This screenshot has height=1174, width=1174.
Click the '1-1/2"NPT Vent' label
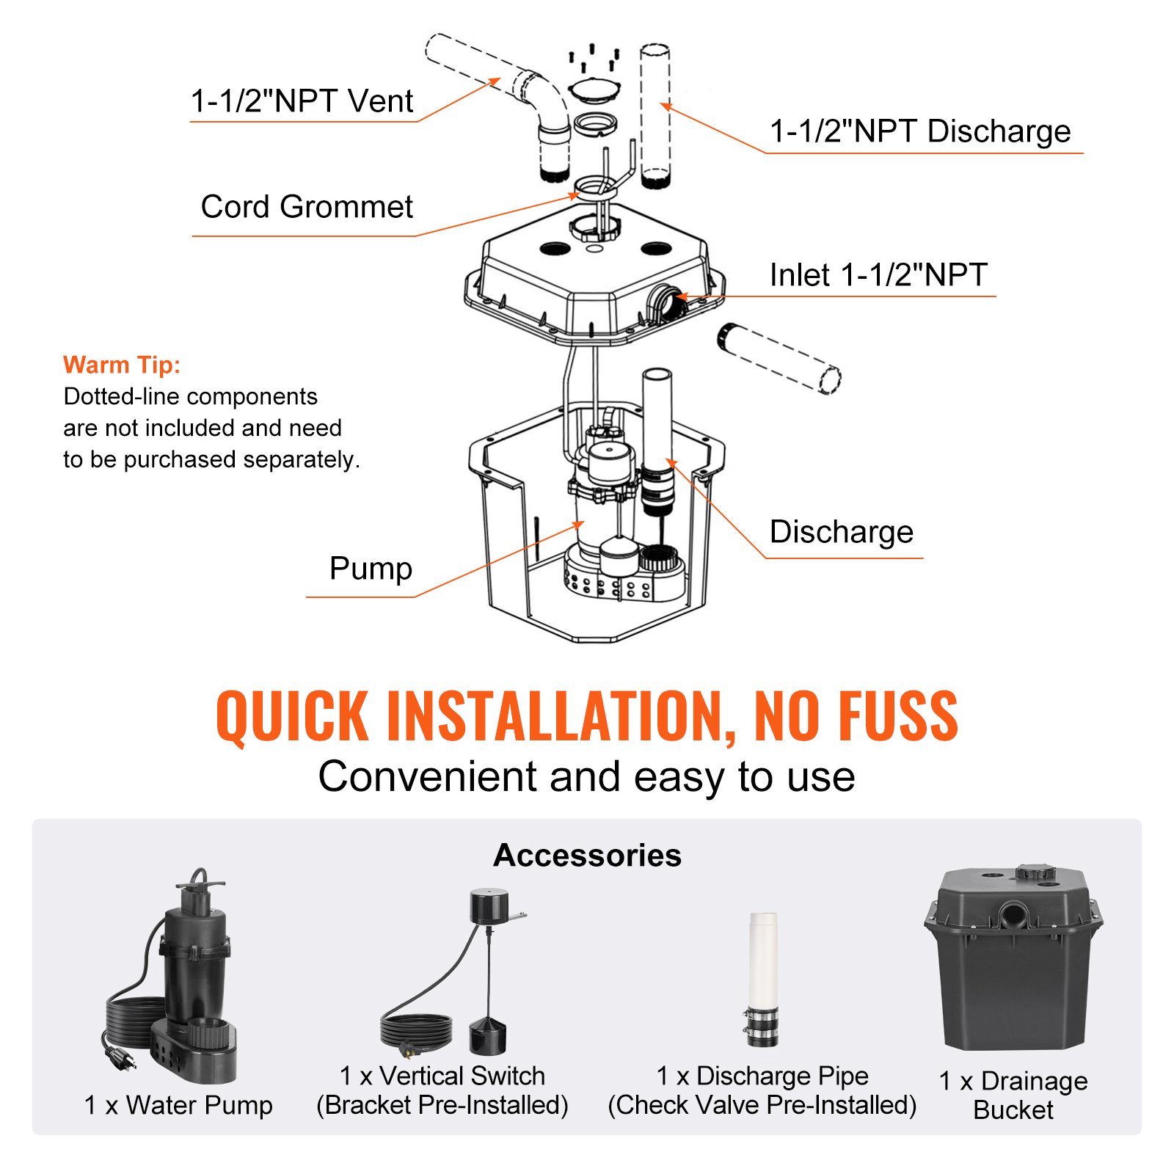click(302, 101)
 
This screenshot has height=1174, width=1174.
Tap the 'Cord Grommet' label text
click(307, 207)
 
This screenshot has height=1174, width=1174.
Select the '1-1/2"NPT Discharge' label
click(920, 131)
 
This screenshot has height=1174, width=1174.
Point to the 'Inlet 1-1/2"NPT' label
click(878, 275)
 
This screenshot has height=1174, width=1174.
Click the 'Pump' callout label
click(371, 569)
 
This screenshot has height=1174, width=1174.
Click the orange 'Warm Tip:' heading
click(122, 365)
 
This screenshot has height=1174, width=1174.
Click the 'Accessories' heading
click(587, 856)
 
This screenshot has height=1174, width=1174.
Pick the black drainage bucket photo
click(1013, 961)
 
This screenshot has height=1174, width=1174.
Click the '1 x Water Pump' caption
click(178, 1105)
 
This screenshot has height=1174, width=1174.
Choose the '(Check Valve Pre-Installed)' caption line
click(762, 1105)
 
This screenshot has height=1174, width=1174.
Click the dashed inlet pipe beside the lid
click(778, 358)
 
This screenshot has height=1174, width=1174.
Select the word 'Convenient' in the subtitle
click(427, 777)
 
